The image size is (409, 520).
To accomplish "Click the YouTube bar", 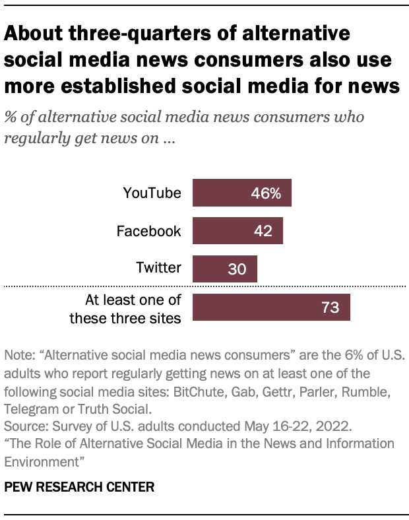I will pyautogui.click(x=241, y=193).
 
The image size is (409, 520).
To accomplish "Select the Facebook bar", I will pyautogui.click(x=237, y=231).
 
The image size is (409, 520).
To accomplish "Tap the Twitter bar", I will pyautogui.click(x=224, y=269).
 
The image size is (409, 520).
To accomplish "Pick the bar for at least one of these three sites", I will pyautogui.click(x=270, y=308).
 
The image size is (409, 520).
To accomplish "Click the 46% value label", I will pyautogui.click(x=266, y=193).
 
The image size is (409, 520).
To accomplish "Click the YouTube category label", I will pyautogui.click(x=152, y=193).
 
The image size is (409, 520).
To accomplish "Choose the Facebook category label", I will pyautogui.click(x=148, y=231).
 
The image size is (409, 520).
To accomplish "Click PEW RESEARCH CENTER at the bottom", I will pyautogui.click(x=79, y=487).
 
